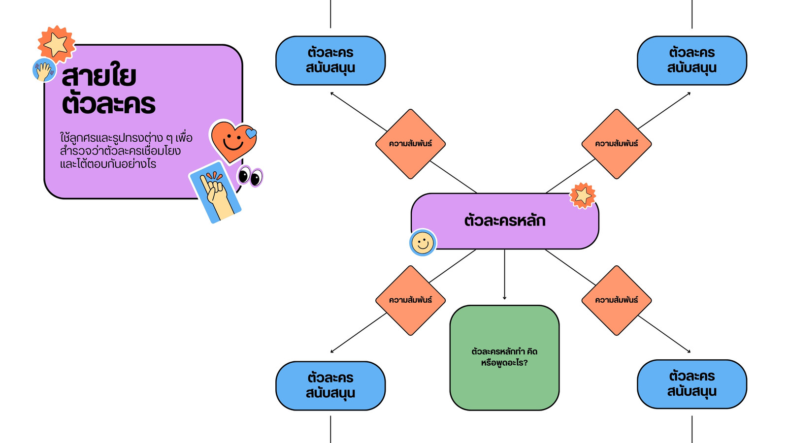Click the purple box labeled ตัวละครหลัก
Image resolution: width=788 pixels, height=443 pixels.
click(505, 221)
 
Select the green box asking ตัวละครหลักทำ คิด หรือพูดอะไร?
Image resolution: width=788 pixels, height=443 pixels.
click(504, 357)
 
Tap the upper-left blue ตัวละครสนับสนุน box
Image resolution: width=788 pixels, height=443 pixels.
click(330, 61)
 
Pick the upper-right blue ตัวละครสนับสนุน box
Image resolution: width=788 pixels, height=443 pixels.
click(692, 61)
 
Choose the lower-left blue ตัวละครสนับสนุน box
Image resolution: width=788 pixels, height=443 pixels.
click(330, 386)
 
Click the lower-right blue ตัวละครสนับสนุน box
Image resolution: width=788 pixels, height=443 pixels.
click(692, 384)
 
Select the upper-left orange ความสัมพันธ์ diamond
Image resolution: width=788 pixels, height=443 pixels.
click(411, 144)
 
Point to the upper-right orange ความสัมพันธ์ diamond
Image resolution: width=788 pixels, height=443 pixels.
click(617, 144)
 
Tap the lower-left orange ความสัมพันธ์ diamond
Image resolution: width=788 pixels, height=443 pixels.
click(411, 300)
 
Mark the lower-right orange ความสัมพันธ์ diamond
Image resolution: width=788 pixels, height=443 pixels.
click(617, 300)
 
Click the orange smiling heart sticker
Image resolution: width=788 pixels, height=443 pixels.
click(233, 141)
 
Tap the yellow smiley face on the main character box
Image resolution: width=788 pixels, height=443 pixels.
click(423, 243)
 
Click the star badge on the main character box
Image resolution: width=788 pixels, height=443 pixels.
click(583, 196)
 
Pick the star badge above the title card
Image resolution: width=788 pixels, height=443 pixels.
click(56, 44)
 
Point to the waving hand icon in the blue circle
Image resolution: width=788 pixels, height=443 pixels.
click(44, 70)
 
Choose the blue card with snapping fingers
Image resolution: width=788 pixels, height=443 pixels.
click(215, 192)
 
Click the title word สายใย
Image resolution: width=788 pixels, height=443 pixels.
click(99, 75)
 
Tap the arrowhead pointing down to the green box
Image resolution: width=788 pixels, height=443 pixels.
click(504, 298)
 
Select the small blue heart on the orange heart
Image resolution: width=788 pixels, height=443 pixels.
click(251, 133)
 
